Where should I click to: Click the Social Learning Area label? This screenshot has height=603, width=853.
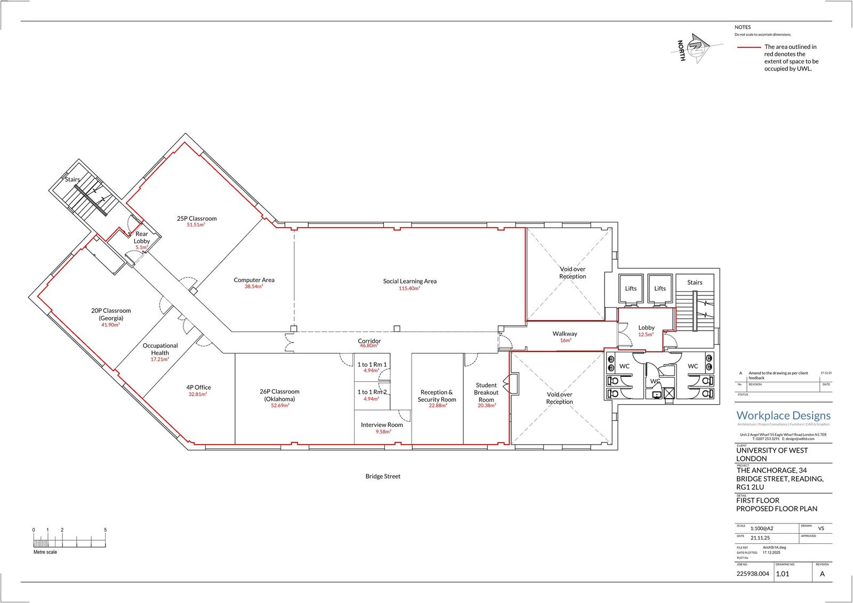click(x=409, y=281)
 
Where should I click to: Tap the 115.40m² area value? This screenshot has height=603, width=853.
click(x=409, y=288)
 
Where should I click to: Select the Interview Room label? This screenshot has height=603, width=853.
click(x=382, y=425)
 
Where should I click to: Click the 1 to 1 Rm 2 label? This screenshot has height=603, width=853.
click(x=372, y=392)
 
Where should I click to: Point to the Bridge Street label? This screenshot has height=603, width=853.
click(x=383, y=476)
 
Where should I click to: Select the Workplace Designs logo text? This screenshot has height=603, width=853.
click(x=783, y=415)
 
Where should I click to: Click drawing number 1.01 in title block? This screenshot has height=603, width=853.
click(x=782, y=574)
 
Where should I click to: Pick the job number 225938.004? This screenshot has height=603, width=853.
click(x=753, y=574)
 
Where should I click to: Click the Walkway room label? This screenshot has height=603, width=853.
click(x=565, y=334)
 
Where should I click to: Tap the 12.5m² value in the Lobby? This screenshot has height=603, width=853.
click(x=646, y=335)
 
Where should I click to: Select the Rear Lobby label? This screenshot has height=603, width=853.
click(x=142, y=237)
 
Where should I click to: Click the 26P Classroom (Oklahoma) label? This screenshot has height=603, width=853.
click(x=280, y=395)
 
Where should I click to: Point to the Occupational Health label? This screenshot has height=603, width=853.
click(x=160, y=349)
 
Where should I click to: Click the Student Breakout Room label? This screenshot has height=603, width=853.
click(x=486, y=392)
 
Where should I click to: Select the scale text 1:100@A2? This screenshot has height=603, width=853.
click(x=761, y=528)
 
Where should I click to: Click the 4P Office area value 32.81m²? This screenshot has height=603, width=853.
click(x=198, y=395)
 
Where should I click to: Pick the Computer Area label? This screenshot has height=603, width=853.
click(x=254, y=280)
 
